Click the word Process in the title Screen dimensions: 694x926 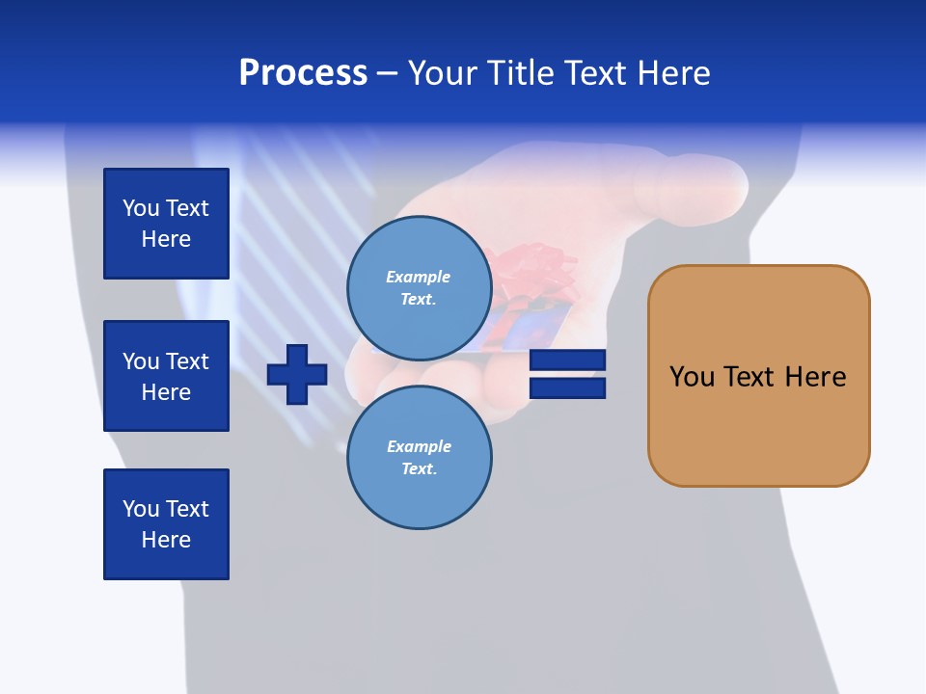click(303, 73)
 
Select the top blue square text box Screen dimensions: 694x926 click(166, 224)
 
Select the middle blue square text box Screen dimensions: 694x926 click(166, 376)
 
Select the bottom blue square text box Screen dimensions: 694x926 click(166, 524)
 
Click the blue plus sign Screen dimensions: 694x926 click(297, 373)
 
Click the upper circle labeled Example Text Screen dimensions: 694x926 click(420, 288)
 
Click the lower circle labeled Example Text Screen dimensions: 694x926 click(420, 458)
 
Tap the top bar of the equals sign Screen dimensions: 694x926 click(567, 360)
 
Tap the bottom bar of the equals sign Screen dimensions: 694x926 click(567, 388)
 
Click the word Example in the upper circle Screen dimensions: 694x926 click(419, 277)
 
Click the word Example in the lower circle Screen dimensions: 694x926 click(419, 446)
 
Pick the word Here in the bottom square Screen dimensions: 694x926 click(166, 540)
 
